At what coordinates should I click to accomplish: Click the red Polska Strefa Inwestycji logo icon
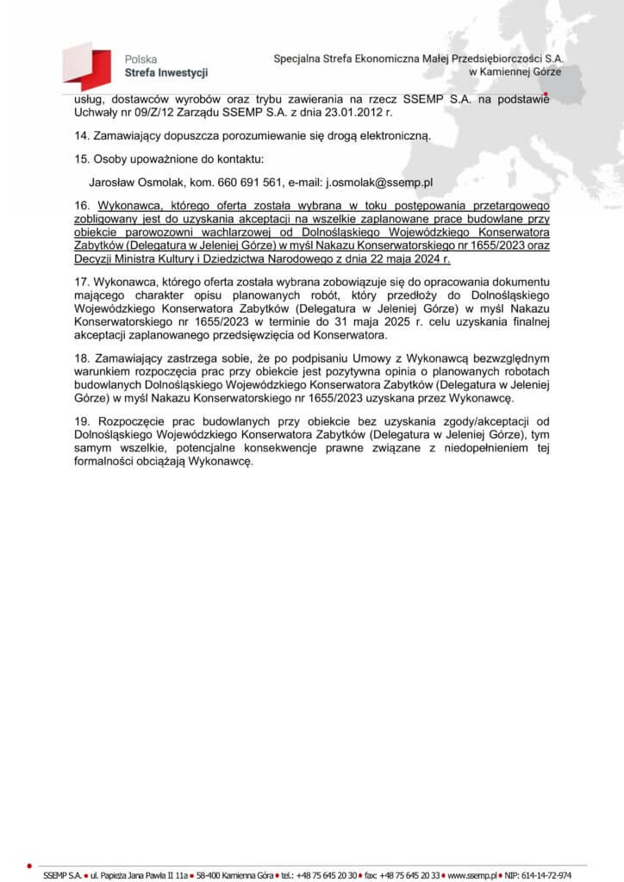(x=87, y=66)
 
